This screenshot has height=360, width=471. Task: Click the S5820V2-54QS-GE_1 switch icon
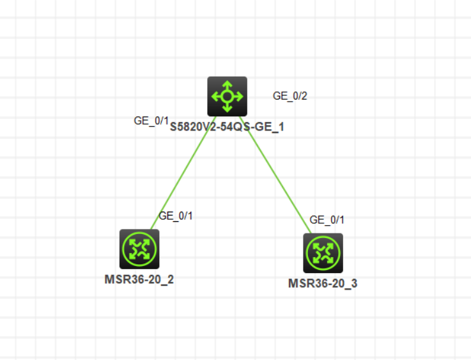[x=228, y=97]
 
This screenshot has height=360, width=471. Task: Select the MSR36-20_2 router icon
[x=139, y=249]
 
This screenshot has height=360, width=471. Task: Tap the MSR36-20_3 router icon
[x=323, y=253]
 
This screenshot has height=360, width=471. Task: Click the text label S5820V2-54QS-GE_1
[x=227, y=127]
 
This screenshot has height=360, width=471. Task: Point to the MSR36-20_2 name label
[x=139, y=279]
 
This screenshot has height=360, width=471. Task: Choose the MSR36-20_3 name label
[x=323, y=283]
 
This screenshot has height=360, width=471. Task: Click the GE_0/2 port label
[x=290, y=96]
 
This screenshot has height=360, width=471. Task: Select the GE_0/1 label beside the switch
[x=151, y=121]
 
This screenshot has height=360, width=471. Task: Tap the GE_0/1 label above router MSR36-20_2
[x=176, y=215]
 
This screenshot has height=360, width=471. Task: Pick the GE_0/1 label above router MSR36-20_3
[x=327, y=220]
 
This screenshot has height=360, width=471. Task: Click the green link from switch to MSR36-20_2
[x=183, y=173]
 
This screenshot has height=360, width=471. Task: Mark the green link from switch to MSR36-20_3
[x=275, y=175]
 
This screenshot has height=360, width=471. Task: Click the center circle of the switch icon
[x=228, y=97]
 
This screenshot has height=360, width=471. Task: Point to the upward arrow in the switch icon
[x=228, y=85]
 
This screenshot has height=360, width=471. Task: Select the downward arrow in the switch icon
[x=228, y=107]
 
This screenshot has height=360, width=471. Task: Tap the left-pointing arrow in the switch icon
[x=217, y=97]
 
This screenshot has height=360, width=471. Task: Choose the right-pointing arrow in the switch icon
[x=238, y=97]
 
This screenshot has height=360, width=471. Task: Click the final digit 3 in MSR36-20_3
[x=354, y=283]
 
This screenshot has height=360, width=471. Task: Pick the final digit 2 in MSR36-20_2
[x=171, y=279]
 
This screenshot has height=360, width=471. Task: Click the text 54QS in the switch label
[x=235, y=127]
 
